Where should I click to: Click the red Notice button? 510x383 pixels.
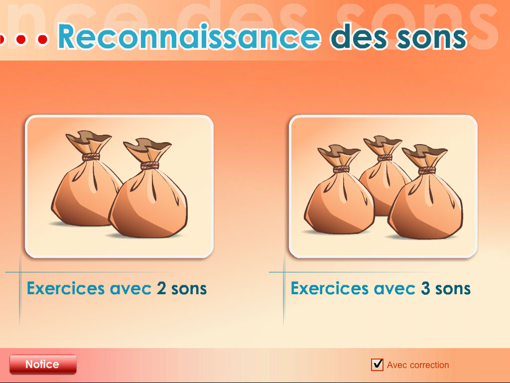tap(43, 364)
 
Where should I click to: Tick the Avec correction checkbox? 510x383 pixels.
tap(377, 365)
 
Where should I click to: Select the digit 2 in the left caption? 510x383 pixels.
tap(162, 288)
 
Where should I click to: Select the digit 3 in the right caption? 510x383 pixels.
tap(425, 288)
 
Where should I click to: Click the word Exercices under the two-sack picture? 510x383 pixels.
tap(66, 288)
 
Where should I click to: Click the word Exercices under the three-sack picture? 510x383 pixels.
tap(330, 288)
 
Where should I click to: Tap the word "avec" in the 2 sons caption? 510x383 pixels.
tap(131, 289)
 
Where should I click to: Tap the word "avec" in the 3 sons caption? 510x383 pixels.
tap(394, 289)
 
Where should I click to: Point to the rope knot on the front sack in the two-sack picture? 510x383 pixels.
tap(150, 166)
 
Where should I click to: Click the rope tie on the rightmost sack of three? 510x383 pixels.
tap(427, 171)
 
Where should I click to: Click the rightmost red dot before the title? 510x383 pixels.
tap(43, 39)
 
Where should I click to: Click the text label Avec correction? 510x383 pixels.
tap(418, 365)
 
